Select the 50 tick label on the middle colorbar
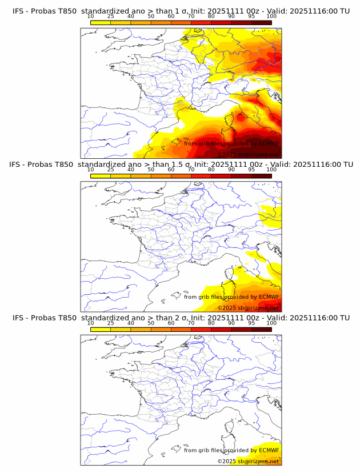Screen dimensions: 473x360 point(151,169)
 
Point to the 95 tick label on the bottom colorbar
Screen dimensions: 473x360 point(251,323)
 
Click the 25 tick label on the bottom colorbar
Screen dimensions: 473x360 point(110,323)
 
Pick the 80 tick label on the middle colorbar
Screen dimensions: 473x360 point(211,169)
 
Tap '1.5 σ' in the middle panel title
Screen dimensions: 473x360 point(185,164)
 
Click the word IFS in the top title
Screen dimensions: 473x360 point(19,10)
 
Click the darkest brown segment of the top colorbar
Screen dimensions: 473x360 point(262,22)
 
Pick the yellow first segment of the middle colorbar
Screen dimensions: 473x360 point(100,176)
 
